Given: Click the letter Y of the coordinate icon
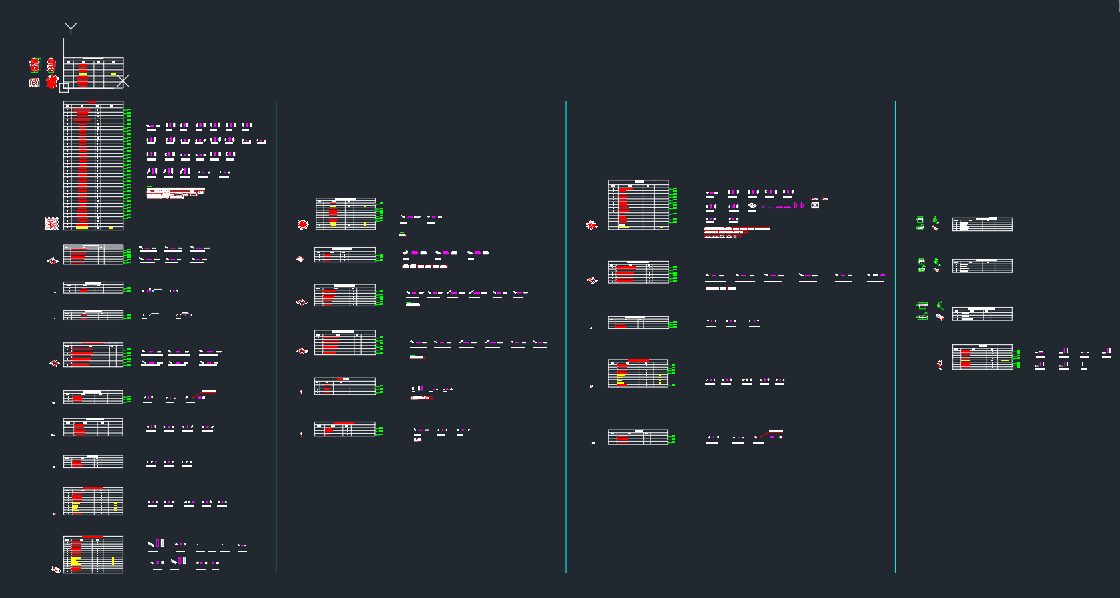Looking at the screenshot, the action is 71,29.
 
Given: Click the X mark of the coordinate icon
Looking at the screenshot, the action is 123,81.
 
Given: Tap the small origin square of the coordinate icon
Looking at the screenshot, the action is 64,88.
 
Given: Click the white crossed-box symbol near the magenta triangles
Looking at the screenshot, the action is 815,206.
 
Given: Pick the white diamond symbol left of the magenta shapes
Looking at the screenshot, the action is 752,206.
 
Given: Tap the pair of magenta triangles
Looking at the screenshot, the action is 799,206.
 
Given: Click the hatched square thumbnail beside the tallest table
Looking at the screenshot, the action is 51,224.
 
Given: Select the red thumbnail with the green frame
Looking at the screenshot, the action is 35,65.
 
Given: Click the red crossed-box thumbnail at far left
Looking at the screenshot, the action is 34,83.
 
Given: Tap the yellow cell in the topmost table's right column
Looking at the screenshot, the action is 113,74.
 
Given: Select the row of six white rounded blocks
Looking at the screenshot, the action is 425,266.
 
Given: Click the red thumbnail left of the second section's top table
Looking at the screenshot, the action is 303,225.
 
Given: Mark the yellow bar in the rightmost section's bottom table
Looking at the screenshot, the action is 1005,360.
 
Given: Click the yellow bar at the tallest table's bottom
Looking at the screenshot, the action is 82,228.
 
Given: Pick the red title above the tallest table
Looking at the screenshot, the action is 92,102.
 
